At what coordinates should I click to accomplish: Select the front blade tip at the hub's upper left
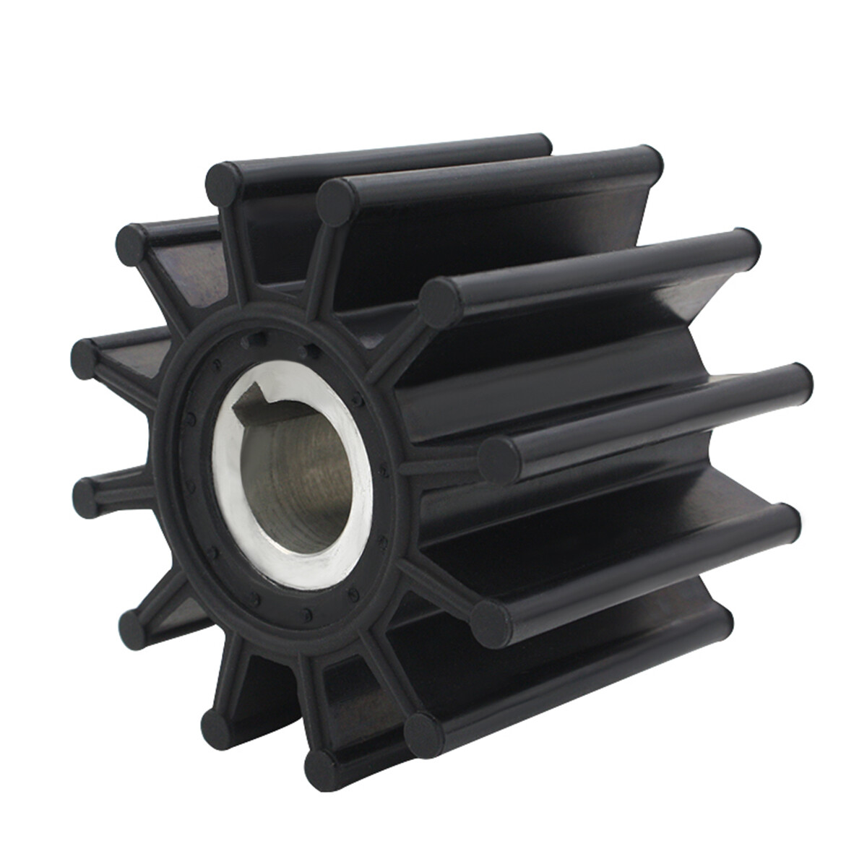click(135, 244)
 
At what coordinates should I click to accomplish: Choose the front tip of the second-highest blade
click(335, 199)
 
